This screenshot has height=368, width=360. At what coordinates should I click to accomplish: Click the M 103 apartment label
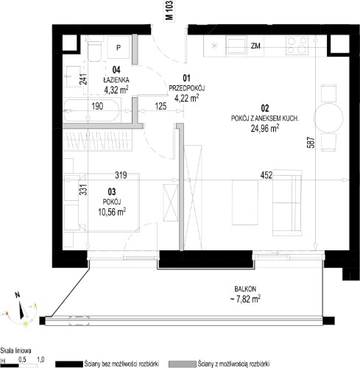(169, 10)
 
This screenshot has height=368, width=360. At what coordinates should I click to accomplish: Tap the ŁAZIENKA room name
(116, 79)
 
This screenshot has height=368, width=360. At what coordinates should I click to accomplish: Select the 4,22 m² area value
(186, 98)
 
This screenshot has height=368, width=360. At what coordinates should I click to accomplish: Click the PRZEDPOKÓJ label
(187, 88)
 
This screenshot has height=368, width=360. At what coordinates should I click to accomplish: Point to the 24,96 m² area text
(265, 128)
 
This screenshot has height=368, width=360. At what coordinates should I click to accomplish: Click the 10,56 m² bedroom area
(112, 212)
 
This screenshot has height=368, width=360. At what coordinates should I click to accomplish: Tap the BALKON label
(245, 289)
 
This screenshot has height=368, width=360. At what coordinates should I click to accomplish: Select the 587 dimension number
(311, 143)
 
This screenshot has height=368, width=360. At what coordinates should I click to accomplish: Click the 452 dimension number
(267, 175)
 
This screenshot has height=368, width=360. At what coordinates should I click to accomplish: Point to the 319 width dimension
(121, 175)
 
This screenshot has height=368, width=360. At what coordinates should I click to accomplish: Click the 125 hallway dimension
(160, 106)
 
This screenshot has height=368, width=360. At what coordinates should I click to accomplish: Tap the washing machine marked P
(119, 47)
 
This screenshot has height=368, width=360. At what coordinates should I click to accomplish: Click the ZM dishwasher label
(255, 46)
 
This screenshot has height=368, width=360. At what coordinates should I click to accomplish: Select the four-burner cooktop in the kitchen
(297, 46)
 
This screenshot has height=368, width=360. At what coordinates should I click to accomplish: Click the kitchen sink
(236, 45)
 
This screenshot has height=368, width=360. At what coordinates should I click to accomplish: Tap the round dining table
(328, 118)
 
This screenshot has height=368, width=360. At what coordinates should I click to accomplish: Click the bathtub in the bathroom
(92, 110)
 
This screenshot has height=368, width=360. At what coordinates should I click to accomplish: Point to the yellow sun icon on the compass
(26, 324)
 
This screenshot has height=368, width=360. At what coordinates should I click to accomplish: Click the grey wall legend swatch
(183, 364)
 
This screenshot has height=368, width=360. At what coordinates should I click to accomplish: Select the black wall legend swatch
(69, 364)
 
